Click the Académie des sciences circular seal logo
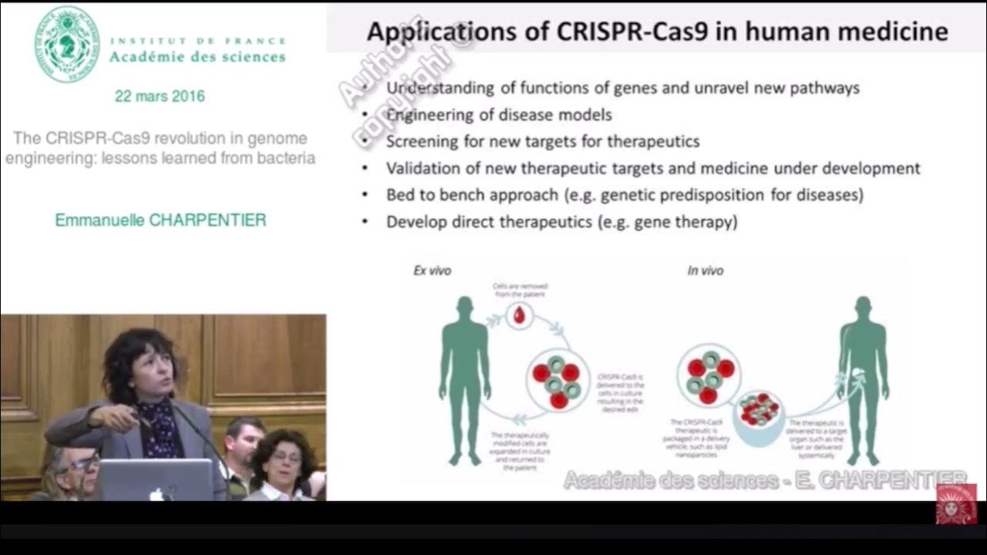point(66,44)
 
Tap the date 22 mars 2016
point(160,96)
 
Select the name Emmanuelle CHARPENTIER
point(160,220)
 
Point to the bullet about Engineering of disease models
point(499,115)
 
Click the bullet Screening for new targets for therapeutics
point(543,142)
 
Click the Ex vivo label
point(432,271)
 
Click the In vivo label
point(705,271)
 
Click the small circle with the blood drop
point(520,314)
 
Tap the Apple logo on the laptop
point(157,493)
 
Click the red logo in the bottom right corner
point(956,504)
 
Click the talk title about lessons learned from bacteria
point(160,149)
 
